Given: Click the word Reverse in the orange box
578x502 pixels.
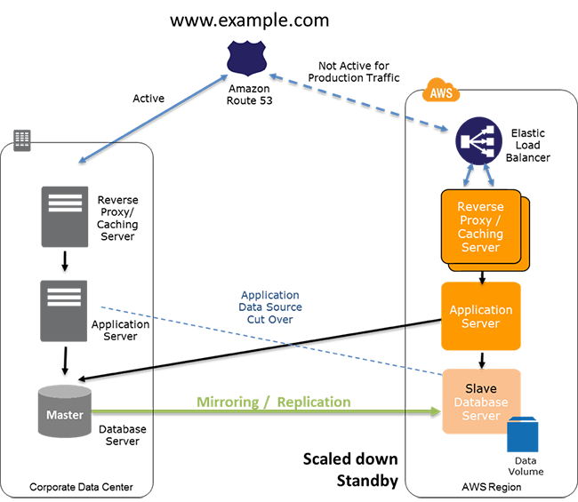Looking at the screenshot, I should (480, 207).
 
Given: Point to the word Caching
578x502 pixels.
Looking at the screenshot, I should (480, 234).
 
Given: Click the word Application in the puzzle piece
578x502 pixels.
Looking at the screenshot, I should (480, 310).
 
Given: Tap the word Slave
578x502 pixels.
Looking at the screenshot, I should (481, 388).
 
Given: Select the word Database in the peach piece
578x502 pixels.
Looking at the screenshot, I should (480, 402).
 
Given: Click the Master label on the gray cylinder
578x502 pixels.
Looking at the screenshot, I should (65, 415).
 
